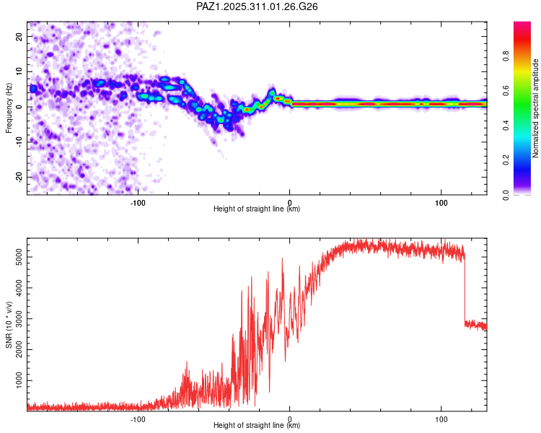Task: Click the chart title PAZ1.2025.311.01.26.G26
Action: tap(257, 6)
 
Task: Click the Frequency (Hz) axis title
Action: tap(9, 108)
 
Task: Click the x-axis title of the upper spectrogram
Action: tap(257, 209)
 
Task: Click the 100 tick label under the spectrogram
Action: tap(441, 201)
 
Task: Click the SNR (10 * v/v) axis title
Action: tap(9, 324)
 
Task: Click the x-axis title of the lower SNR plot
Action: tap(257, 425)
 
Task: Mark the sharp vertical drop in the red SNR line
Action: tap(465, 289)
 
